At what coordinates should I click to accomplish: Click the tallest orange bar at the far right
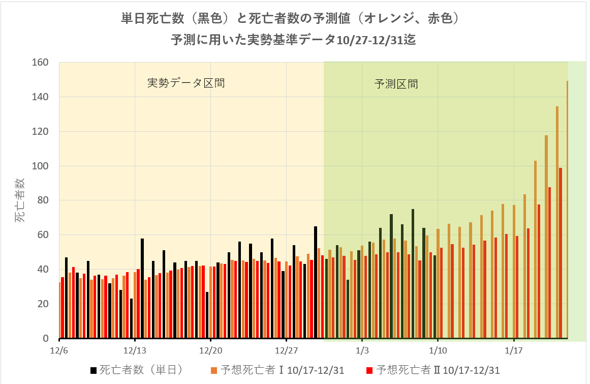point(567,209)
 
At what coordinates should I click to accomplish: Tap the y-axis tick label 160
point(40,63)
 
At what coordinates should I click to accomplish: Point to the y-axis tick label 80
point(43,200)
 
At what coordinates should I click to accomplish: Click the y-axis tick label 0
point(45,338)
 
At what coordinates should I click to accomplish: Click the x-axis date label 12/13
point(135,350)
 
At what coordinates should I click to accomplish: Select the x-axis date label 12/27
point(286,350)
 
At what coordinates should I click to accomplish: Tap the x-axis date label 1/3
point(362,350)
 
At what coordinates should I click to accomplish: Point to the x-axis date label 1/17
point(514,350)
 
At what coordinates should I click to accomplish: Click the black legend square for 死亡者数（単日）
point(93,370)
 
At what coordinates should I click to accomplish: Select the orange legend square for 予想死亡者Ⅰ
point(215,370)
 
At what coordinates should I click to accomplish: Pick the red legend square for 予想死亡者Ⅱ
point(369,370)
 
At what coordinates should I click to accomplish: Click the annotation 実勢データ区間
point(186,83)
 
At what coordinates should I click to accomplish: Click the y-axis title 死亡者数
point(19,200)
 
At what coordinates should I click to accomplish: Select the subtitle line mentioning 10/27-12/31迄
point(293,40)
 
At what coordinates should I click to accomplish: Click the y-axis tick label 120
point(40,131)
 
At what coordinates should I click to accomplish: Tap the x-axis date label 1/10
point(438,350)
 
